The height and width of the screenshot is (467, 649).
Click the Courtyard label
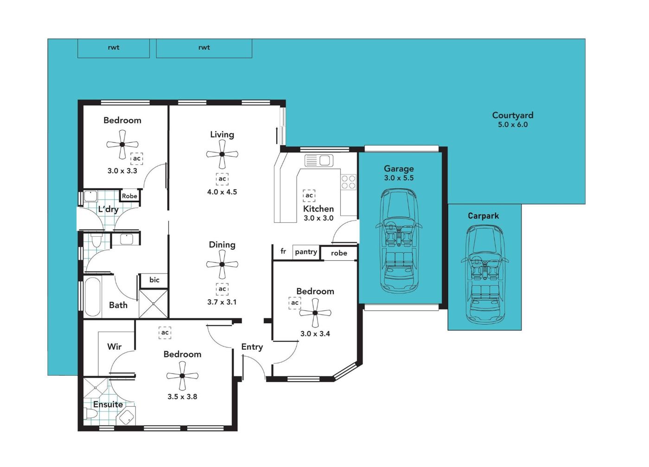click(x=513, y=115)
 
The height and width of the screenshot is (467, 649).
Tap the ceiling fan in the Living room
click(x=222, y=154)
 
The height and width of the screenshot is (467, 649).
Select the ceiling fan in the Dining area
click(x=222, y=265)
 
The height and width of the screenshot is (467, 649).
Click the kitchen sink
click(x=319, y=160)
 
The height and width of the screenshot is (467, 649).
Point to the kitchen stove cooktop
click(x=348, y=182)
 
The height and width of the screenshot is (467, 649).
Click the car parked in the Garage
click(x=399, y=241)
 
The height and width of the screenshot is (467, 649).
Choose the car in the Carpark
click(x=484, y=275)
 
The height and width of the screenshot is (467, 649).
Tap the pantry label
click(x=306, y=252)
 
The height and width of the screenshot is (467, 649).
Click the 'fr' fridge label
click(x=283, y=251)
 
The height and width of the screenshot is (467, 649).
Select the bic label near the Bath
click(x=154, y=280)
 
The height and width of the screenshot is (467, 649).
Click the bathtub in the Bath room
click(x=93, y=297)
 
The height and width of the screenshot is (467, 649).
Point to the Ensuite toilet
click(x=91, y=414)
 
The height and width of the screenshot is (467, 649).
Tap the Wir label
click(x=114, y=347)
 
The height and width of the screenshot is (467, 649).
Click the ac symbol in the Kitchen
click(x=309, y=196)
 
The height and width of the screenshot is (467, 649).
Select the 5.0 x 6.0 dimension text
click(x=513, y=125)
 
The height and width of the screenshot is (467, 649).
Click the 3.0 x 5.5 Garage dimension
click(x=399, y=178)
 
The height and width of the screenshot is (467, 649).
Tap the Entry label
click(x=252, y=347)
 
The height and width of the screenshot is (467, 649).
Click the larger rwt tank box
click(x=204, y=48)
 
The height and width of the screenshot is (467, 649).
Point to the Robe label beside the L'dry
click(x=129, y=196)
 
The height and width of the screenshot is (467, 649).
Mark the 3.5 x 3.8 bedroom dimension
click(x=182, y=397)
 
